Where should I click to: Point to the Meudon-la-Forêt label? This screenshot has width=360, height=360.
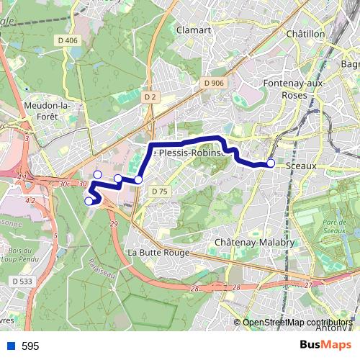point(46,111)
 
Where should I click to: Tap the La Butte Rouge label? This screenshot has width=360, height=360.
point(158,253)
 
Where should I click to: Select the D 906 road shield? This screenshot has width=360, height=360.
point(213,84)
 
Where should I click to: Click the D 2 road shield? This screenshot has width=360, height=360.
point(150,96)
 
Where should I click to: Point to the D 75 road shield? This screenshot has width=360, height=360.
point(159,191)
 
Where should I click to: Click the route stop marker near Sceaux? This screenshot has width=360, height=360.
point(271,163)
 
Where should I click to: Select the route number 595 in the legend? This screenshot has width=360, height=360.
point(30,346)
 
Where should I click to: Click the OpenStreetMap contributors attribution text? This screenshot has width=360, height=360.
point(297,323)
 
